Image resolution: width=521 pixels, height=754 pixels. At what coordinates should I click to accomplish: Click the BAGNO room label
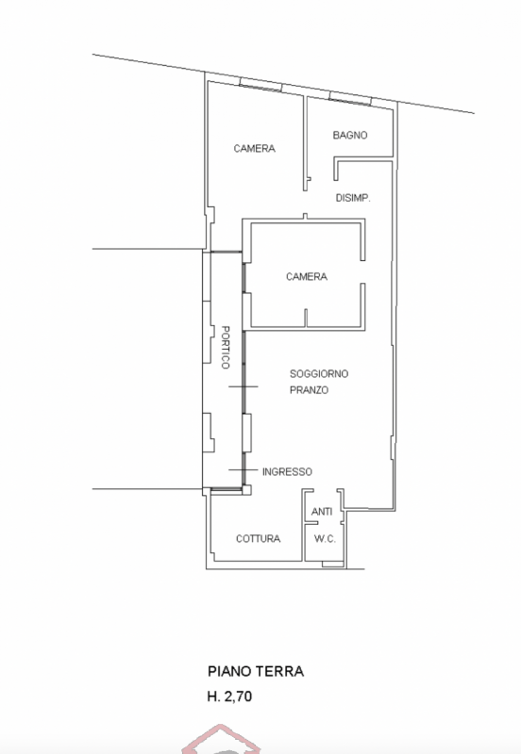pyautogui.click(x=350, y=135)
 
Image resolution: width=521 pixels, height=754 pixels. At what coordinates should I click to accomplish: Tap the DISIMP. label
pyautogui.click(x=353, y=198)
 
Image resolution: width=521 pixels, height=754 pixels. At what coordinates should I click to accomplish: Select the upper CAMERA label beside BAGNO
pyautogui.click(x=254, y=149)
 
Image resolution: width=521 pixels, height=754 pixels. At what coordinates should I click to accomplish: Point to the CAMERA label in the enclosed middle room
pyautogui.click(x=307, y=276)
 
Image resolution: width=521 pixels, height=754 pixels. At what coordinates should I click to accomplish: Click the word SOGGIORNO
pyautogui.click(x=319, y=373)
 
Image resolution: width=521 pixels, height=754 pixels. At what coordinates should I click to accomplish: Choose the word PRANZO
pyautogui.click(x=310, y=390)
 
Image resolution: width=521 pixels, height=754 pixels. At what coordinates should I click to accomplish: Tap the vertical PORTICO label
pyautogui.click(x=225, y=347)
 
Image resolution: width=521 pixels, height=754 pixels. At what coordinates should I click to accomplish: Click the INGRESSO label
pyautogui.click(x=287, y=472)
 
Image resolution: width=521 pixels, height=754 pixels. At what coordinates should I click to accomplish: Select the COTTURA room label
pyautogui.click(x=258, y=538)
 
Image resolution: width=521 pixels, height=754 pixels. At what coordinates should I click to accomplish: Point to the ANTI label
pyautogui.click(x=322, y=512)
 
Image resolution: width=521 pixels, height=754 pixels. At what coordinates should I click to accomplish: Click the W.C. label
pyautogui.click(x=325, y=538)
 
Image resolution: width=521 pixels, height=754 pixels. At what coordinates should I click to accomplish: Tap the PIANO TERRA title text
pyautogui.click(x=256, y=671)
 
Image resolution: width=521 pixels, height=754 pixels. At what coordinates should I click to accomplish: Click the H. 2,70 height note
pyautogui.click(x=229, y=697)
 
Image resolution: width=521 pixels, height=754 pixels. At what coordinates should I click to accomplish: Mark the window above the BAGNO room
pyautogui.click(x=350, y=98)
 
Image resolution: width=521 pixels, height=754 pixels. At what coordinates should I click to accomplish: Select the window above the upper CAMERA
pyautogui.click(x=260, y=84)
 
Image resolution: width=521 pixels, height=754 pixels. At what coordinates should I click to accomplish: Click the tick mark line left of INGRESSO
pyautogui.click(x=244, y=469)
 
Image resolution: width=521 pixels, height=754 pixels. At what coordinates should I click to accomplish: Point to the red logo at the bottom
pyautogui.click(x=221, y=741)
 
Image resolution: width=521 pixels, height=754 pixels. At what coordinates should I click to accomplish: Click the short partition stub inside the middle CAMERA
pyautogui.click(x=306, y=319)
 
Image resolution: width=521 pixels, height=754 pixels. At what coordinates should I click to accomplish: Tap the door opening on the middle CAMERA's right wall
pyautogui.click(x=363, y=272)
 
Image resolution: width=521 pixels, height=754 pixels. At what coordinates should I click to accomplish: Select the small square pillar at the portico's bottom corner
pyautogui.click(x=246, y=490)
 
